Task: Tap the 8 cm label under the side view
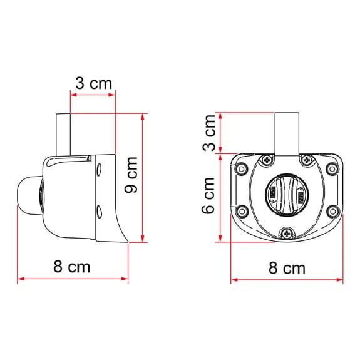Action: click(x=71, y=267)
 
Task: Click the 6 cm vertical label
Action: click(x=210, y=196)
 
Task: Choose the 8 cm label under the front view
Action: click(x=287, y=268)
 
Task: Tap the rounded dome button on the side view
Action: click(x=29, y=195)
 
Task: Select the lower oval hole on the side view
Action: click(x=98, y=210)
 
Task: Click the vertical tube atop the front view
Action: click(x=287, y=133)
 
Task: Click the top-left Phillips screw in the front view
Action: click(x=267, y=160)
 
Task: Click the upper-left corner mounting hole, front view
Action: click(x=240, y=168)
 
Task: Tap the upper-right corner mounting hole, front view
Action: click(x=332, y=168)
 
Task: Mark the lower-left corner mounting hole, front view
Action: click(x=240, y=210)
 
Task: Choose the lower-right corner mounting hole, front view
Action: click(x=332, y=210)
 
